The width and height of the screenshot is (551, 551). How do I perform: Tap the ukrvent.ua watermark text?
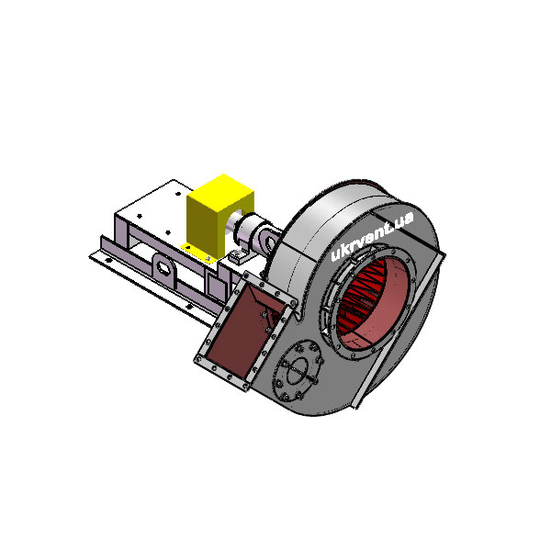(x=372, y=236)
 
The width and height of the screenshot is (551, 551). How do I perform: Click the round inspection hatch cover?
(x=298, y=371)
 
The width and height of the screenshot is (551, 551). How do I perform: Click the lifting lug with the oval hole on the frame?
(x=163, y=269)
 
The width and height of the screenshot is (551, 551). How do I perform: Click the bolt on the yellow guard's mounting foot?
(x=208, y=259)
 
